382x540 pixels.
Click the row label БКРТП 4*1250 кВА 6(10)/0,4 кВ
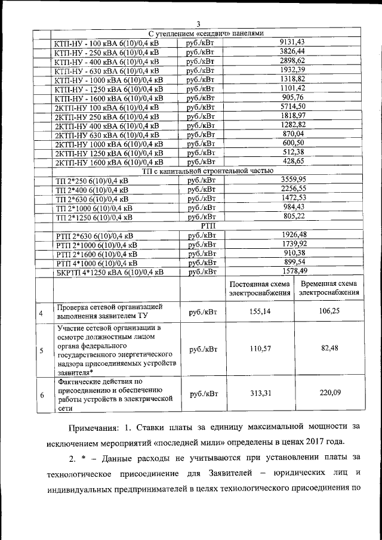[x=109, y=272]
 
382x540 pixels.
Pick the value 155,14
[x=259, y=311]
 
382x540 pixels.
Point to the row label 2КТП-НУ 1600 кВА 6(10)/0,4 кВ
[x=109, y=162]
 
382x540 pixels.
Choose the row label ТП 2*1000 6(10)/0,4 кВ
[x=94, y=208]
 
